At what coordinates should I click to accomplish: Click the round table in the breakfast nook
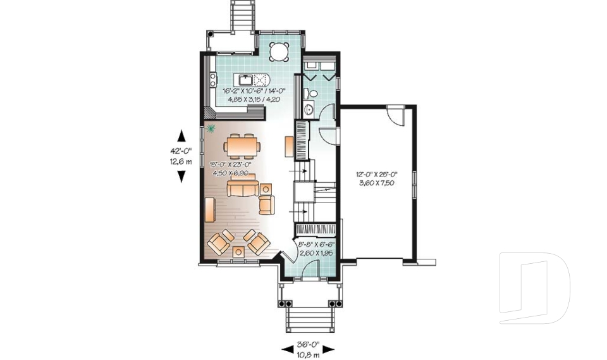[x=279, y=51]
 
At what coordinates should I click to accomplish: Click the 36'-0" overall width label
[x=308, y=345]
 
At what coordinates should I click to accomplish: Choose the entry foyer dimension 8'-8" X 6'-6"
[x=317, y=244]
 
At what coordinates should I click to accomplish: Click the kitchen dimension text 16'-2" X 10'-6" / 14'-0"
[x=252, y=90]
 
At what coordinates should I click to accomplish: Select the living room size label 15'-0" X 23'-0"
[x=231, y=164]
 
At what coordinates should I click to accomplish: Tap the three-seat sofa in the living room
[x=243, y=189]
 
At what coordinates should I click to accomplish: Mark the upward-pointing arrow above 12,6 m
[x=181, y=136]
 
